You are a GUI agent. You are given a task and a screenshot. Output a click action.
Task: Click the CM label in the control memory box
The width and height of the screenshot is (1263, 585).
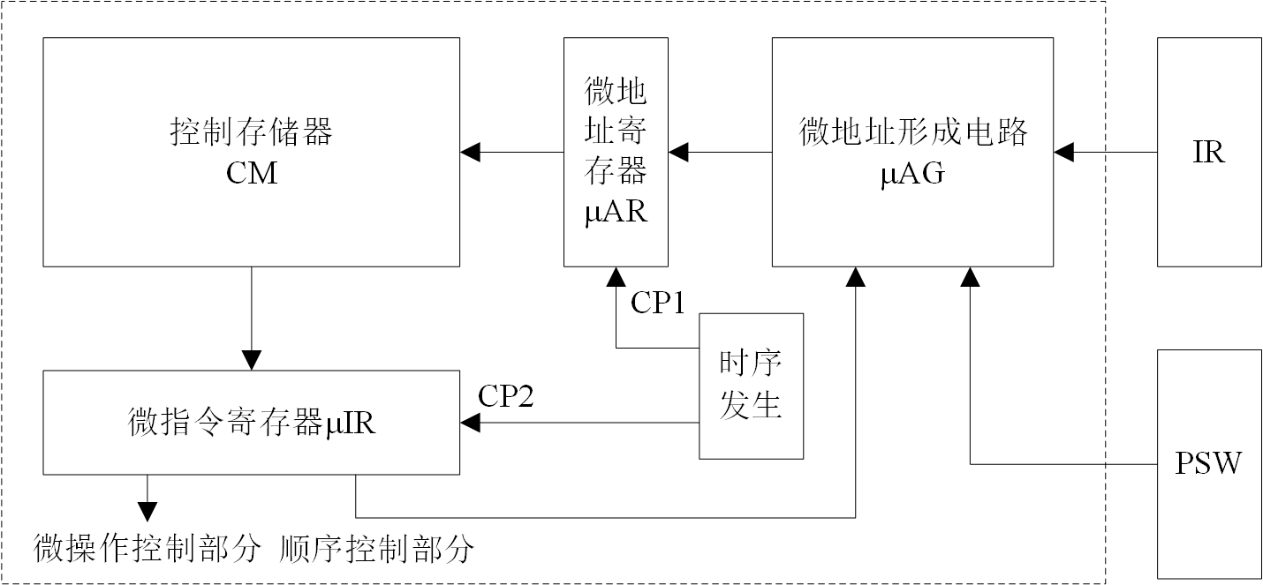pos(252,173)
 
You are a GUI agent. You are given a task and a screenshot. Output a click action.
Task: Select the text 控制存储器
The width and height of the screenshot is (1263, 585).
pos(252,134)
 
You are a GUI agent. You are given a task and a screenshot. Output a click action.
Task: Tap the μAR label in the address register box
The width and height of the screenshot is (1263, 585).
pos(616,213)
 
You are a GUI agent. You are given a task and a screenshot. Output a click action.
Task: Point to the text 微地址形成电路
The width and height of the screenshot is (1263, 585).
pos(913,134)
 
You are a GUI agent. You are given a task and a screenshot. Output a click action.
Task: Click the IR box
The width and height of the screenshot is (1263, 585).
pos(1209,152)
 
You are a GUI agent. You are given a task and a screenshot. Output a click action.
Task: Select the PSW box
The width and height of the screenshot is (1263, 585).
pos(1209,462)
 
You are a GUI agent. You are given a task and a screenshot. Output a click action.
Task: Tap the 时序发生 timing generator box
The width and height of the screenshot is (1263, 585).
pos(751,386)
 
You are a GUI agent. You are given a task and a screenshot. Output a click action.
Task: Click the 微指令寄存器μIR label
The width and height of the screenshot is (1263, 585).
pos(252,423)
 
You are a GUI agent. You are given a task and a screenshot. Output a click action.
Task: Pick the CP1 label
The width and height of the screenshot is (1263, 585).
pos(658,303)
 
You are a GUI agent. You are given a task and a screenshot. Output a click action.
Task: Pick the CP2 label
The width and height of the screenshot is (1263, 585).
pos(505,396)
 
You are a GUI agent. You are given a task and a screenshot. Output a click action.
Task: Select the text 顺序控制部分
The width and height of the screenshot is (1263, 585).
pos(376,550)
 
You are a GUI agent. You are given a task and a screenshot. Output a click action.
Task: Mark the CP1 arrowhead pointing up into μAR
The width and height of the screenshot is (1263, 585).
pos(616,278)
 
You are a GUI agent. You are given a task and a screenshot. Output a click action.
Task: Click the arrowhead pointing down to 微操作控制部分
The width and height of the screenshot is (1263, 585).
pos(147,512)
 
